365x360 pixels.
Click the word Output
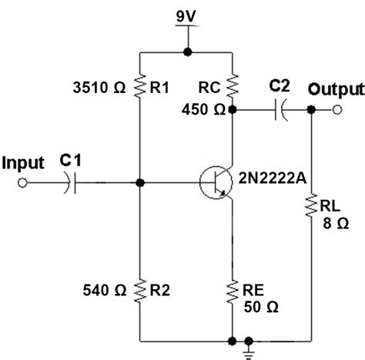333,90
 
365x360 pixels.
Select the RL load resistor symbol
310,205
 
